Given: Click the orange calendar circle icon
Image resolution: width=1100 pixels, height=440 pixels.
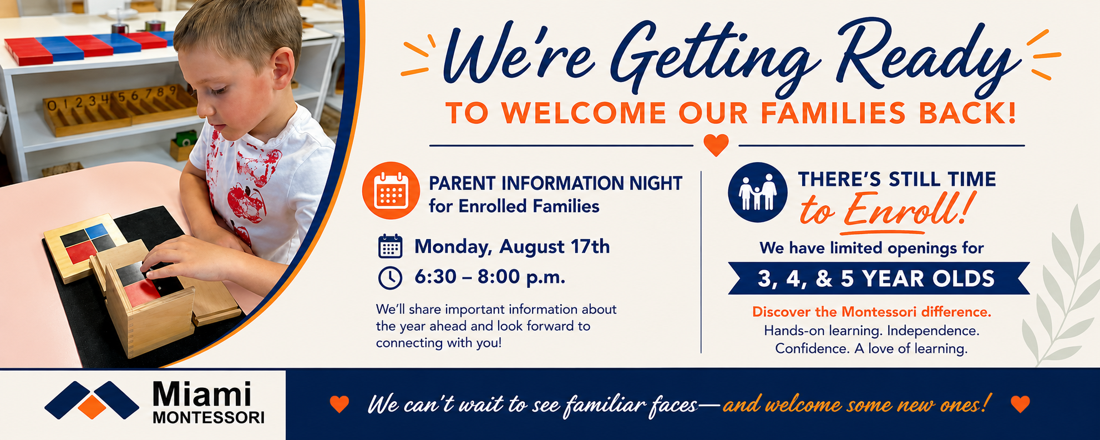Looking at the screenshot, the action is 391,190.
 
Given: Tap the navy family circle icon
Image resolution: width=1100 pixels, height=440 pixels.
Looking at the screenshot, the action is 757,192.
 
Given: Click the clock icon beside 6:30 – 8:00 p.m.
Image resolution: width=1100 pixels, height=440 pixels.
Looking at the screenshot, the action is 390,277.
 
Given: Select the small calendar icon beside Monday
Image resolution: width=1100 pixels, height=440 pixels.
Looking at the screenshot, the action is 390,246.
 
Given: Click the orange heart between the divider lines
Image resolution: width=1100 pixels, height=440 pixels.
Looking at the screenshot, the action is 716,145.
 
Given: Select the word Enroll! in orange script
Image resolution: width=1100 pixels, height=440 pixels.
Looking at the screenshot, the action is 908,210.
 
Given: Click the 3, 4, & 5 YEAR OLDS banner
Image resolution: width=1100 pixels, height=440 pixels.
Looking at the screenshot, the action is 879,278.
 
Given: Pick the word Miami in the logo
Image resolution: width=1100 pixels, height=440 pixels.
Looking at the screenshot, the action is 202,395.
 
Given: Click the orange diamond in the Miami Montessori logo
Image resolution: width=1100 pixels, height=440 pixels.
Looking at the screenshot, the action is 92,407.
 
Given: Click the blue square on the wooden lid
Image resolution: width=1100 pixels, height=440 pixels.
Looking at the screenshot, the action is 97,230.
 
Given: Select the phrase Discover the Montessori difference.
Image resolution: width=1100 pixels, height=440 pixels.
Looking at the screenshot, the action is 871,312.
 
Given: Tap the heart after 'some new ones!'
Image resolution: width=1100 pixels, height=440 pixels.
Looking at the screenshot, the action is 1020,404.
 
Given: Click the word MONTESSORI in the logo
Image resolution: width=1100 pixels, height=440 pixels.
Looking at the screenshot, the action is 209,418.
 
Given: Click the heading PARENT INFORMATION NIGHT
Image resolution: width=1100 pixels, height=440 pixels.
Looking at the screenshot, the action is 555,183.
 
